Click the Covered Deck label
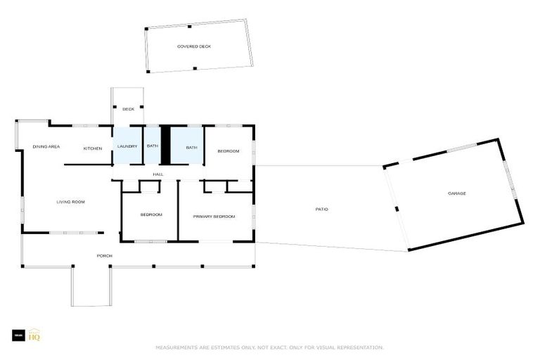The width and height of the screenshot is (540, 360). [194, 46]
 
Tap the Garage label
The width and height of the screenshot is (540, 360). [457, 193]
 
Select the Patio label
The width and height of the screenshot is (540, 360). [321, 209]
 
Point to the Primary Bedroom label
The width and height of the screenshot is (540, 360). [214, 217]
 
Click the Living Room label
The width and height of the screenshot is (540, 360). [70, 202]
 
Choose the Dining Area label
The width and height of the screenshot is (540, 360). [46, 147]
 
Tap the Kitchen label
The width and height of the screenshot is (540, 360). [93, 148]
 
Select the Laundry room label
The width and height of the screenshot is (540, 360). [127, 146]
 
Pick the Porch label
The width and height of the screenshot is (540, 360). [104, 255]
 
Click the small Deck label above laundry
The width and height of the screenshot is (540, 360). [128, 109]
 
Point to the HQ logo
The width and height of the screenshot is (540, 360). [34, 336]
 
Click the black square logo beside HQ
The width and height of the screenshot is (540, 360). [18, 336]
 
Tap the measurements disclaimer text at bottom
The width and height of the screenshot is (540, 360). [269, 347]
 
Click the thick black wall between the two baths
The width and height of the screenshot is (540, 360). [166, 145]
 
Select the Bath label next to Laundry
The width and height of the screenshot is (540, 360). [152, 146]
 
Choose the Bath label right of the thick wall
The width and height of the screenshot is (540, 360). [191, 147]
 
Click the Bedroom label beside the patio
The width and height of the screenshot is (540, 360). [228, 152]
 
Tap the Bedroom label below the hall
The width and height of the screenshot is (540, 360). [151, 214]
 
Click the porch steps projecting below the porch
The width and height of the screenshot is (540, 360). [91, 288]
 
